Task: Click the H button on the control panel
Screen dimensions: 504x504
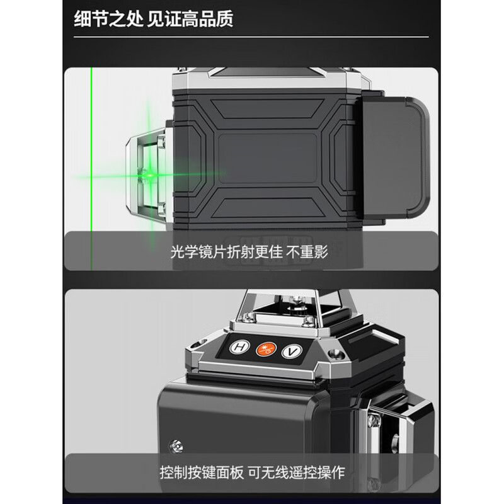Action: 240,347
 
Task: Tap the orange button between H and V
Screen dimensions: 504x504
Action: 266,348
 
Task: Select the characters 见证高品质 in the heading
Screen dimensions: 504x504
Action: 191,19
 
